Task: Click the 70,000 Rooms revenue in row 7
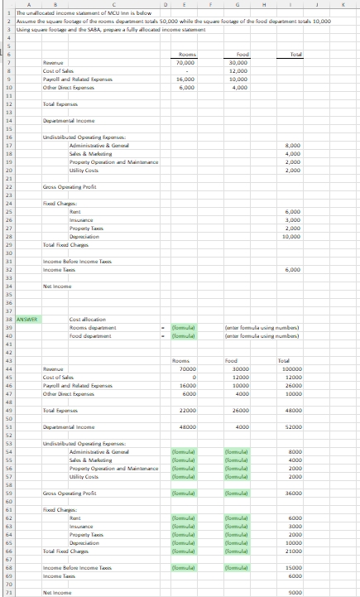[185, 63]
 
